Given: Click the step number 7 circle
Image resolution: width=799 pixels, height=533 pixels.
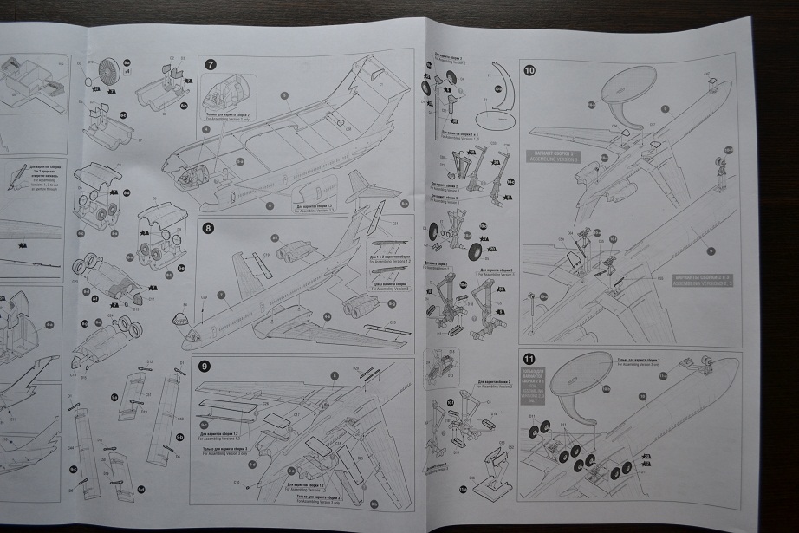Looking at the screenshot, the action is point(210,63).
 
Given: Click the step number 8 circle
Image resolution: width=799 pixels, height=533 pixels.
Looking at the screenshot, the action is point(208,229).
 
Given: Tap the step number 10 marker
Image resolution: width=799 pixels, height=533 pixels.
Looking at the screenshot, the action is point(529,71).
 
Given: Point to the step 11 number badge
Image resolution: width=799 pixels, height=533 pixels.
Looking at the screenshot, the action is point(529,359).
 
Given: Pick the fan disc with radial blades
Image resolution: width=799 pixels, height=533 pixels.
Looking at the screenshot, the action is point(109,68).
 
